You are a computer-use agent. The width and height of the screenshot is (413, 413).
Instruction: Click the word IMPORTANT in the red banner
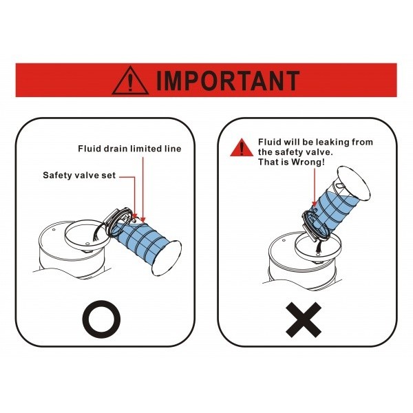click(228, 81)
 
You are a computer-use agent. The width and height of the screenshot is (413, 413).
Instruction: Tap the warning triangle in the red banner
click(130, 81)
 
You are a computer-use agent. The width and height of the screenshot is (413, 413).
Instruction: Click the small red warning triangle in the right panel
click(242, 147)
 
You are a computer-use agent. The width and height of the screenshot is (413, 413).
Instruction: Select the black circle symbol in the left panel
click(101, 319)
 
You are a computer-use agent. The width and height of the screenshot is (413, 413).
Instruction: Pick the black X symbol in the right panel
click(304, 320)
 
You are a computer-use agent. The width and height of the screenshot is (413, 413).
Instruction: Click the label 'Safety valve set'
click(79, 176)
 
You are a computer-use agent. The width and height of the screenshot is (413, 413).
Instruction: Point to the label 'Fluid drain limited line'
click(129, 149)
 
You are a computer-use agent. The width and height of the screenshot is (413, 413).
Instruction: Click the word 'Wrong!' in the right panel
click(308, 162)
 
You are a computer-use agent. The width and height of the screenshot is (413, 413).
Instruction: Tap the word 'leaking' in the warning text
click(332, 142)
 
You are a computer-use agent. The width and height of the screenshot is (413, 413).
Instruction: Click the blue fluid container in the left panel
click(137, 240)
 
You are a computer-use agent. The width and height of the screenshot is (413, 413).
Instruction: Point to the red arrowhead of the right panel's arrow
click(315, 204)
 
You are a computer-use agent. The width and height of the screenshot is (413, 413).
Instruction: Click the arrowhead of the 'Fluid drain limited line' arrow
click(142, 220)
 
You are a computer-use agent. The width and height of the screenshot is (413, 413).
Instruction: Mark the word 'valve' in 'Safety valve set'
click(88, 176)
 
